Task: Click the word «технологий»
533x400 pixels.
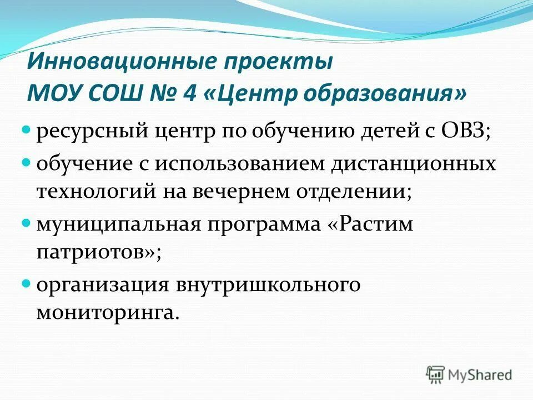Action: (x=97, y=191)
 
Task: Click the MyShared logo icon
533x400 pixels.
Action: (x=436, y=374)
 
